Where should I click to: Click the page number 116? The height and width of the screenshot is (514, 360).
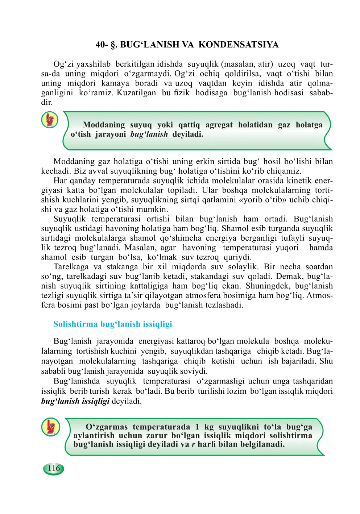(54, 468)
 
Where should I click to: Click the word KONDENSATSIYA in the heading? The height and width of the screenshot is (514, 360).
(239, 45)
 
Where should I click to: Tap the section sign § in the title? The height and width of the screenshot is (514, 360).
(113, 45)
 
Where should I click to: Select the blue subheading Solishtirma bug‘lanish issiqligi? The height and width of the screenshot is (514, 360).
(113, 324)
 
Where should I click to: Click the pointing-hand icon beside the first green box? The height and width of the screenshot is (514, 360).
(50, 120)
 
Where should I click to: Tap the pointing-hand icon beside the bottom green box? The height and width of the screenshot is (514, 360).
(51, 427)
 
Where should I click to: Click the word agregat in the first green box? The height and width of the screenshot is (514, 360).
(219, 125)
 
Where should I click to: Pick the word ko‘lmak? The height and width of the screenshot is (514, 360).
(162, 257)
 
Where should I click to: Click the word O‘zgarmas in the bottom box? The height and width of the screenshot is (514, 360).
(107, 427)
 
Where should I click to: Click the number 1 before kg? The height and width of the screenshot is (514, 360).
(197, 427)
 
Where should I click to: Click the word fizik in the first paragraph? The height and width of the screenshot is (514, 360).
(181, 93)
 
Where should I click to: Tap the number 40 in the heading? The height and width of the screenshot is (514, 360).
(101, 45)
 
